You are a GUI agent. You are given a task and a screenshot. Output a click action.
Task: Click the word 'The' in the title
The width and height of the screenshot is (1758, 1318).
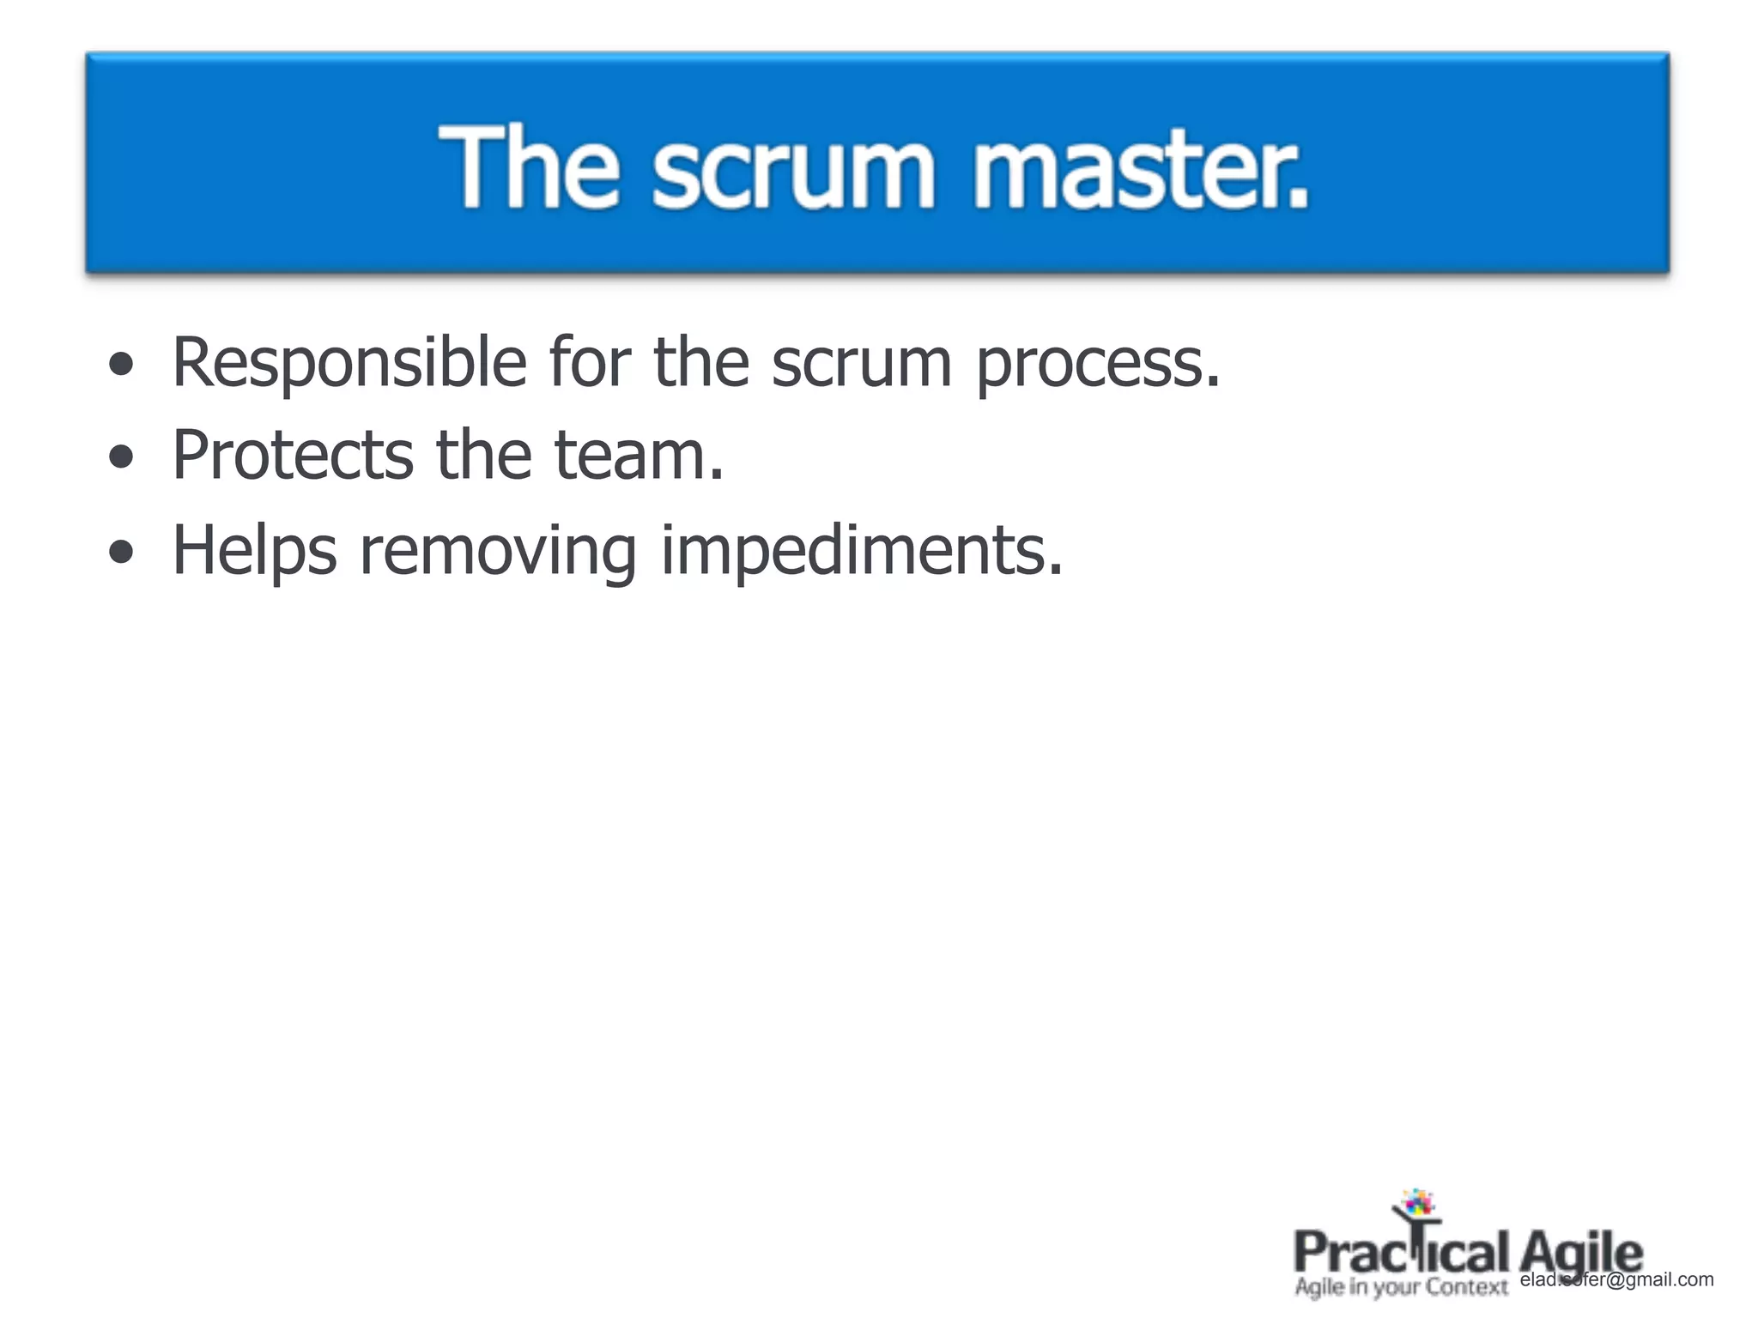[529, 166]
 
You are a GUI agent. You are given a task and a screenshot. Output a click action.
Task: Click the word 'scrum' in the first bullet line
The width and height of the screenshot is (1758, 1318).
[862, 364]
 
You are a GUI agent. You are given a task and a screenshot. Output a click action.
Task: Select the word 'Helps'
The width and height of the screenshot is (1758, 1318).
[255, 552]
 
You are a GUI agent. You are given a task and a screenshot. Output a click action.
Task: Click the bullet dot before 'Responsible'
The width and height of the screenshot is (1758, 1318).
[121, 366]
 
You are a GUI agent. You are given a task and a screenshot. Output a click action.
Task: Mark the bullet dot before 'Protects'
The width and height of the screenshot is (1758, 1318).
[121, 457]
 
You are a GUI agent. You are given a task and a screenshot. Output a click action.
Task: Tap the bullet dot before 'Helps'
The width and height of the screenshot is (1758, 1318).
[121, 552]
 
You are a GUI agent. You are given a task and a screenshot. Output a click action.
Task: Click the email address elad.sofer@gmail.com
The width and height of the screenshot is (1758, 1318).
[1616, 1279]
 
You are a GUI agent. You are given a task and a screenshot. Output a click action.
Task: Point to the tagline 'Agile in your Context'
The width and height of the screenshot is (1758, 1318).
[1401, 1287]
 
